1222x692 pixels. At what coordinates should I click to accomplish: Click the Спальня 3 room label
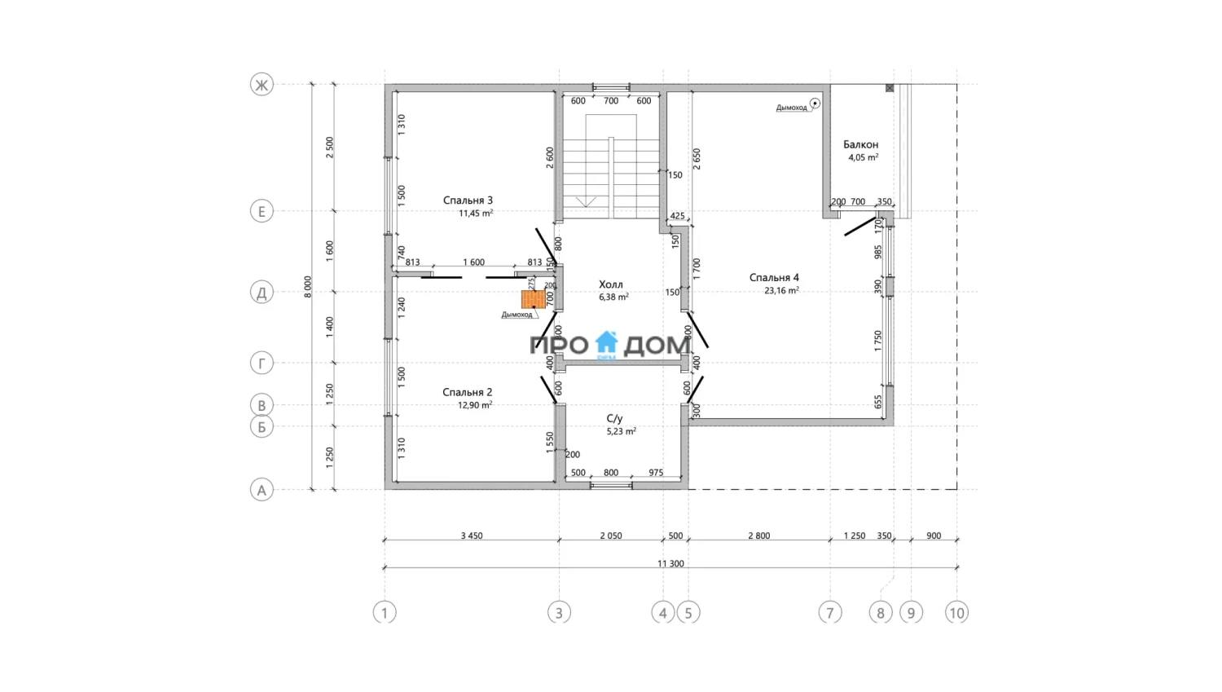click(x=468, y=201)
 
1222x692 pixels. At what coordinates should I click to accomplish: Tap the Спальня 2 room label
click(x=467, y=392)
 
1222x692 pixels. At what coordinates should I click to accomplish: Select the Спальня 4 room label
click(x=774, y=278)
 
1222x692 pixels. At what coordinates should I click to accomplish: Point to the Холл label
click(x=610, y=284)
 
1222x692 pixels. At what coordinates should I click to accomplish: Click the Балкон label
click(x=860, y=144)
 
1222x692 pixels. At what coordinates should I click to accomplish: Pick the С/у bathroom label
click(x=614, y=419)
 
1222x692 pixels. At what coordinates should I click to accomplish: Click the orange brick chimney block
click(x=533, y=300)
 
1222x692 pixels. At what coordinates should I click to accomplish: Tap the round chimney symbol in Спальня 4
click(x=815, y=104)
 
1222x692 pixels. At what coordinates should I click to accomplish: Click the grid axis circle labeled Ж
click(x=262, y=85)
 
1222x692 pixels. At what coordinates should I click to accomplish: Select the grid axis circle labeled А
click(x=262, y=490)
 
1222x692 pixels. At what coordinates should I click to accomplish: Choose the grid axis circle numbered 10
click(x=957, y=613)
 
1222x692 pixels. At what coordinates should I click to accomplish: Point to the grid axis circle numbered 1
click(x=385, y=613)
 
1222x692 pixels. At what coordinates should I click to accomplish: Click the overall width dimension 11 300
click(x=670, y=564)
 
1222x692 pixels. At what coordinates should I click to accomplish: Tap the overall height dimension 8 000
click(x=308, y=287)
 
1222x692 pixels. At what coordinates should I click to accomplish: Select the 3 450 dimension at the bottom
click(x=472, y=536)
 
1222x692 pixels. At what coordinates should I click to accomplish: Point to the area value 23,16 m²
click(x=781, y=290)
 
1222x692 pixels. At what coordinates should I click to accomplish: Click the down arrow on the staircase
click(x=586, y=202)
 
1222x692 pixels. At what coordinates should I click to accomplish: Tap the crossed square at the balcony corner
click(x=890, y=88)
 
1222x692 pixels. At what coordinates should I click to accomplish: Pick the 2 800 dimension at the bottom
click(x=758, y=536)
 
